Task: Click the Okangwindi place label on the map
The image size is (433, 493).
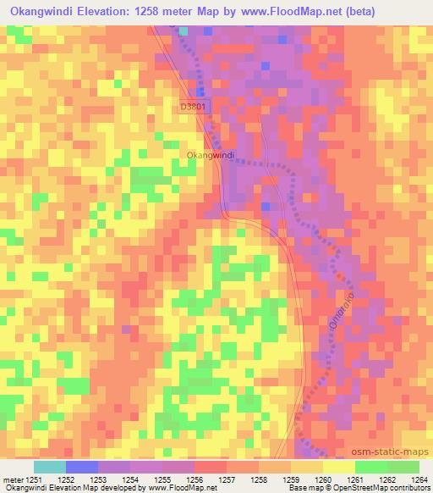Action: (x=210, y=156)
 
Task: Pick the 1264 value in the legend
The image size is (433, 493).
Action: (x=418, y=479)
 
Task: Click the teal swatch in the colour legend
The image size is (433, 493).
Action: (x=50, y=467)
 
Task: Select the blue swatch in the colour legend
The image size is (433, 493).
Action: (x=82, y=467)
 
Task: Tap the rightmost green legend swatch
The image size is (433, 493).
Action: (x=403, y=467)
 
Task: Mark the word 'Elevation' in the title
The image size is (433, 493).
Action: (x=101, y=11)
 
